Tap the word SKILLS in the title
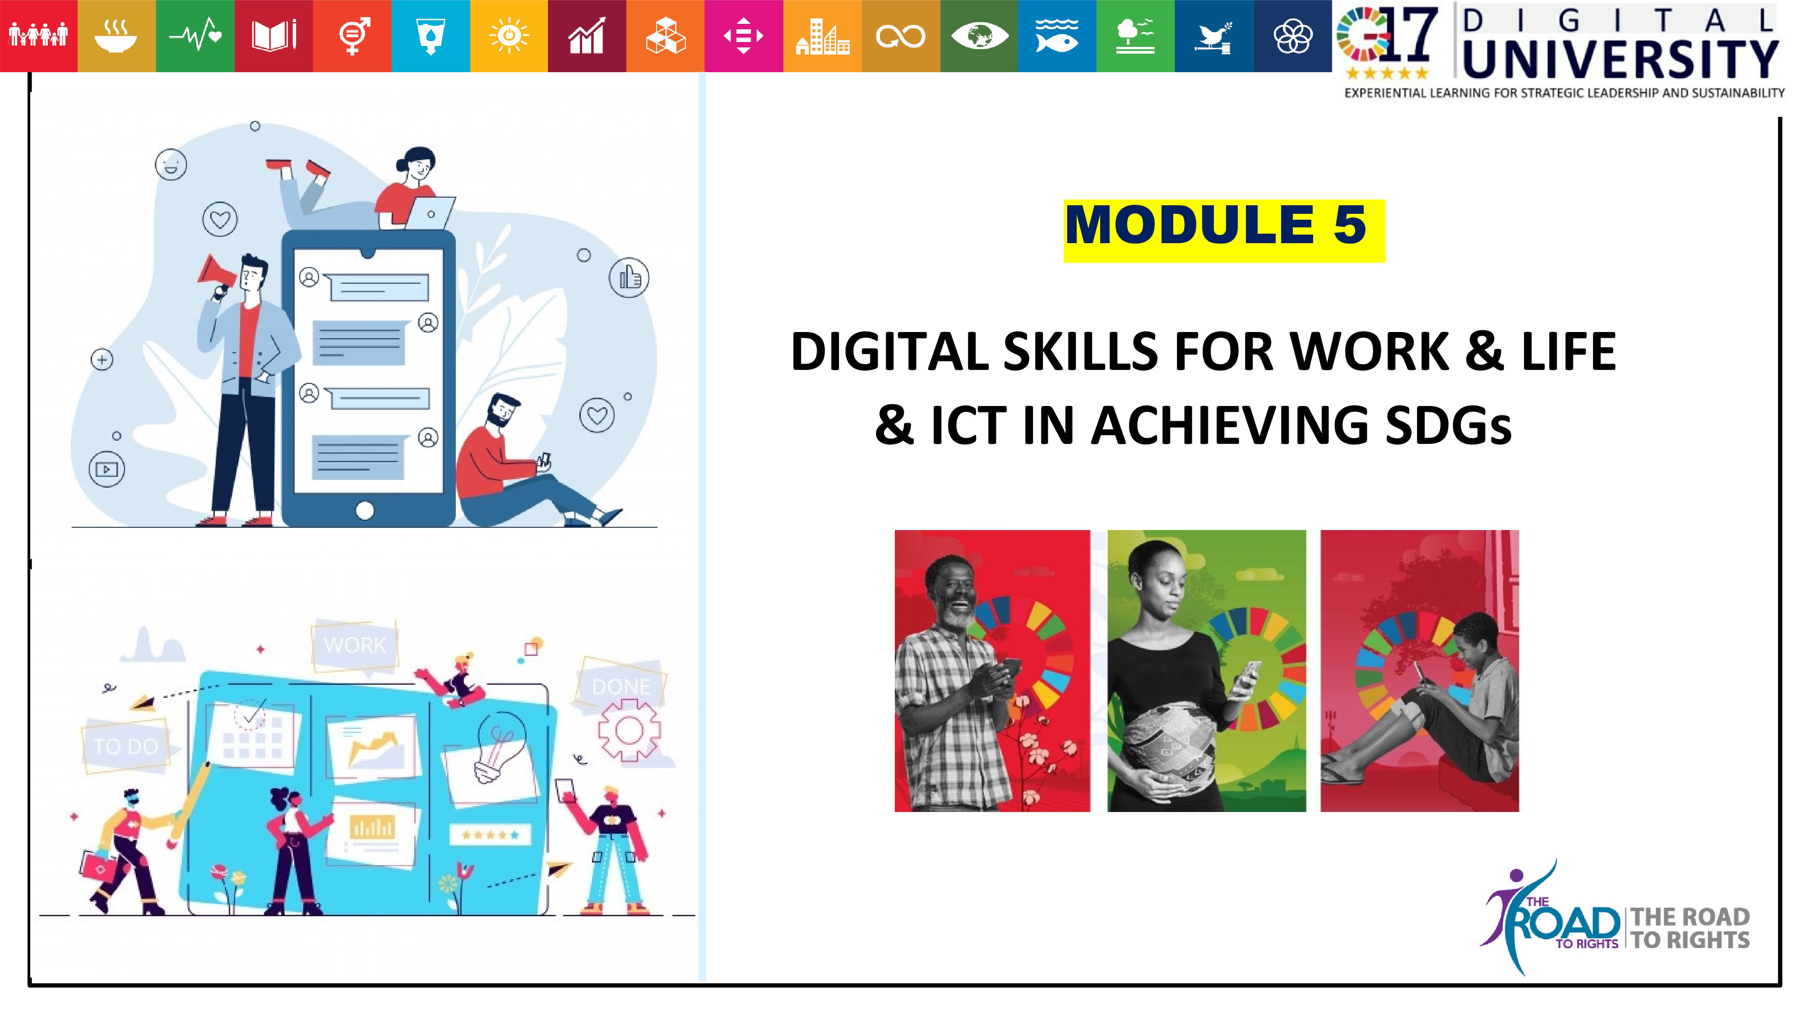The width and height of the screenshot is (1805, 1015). click(x=1080, y=352)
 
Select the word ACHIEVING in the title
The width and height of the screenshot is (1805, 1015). click(x=1229, y=426)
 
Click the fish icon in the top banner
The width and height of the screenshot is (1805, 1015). click(x=1057, y=36)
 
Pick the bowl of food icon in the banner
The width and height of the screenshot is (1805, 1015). click(x=116, y=37)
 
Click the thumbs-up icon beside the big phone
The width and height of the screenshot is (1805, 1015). click(x=629, y=277)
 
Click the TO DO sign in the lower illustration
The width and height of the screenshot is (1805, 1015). click(x=126, y=746)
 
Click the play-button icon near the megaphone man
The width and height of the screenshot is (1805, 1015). click(x=106, y=469)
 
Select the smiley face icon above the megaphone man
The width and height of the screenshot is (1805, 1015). click(x=171, y=165)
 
